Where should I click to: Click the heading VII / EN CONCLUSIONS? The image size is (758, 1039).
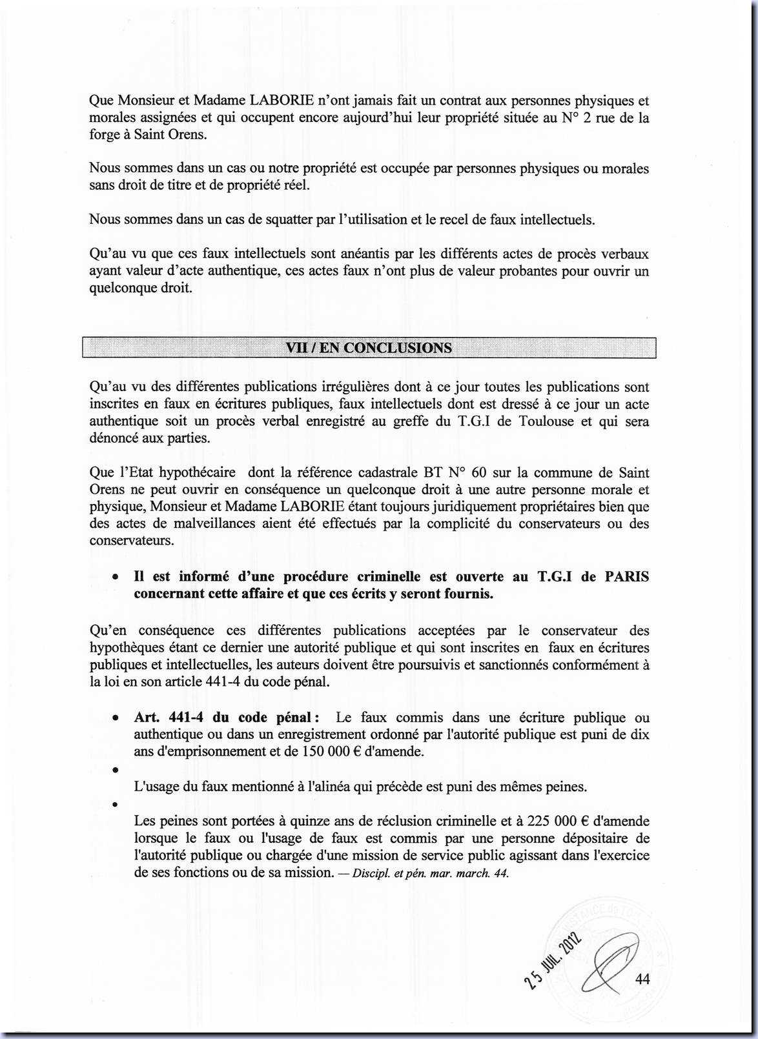[x=369, y=348]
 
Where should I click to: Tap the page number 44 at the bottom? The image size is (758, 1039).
[x=642, y=979]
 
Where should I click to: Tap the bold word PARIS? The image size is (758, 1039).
[x=626, y=576]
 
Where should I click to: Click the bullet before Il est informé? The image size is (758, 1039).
[x=114, y=578]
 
